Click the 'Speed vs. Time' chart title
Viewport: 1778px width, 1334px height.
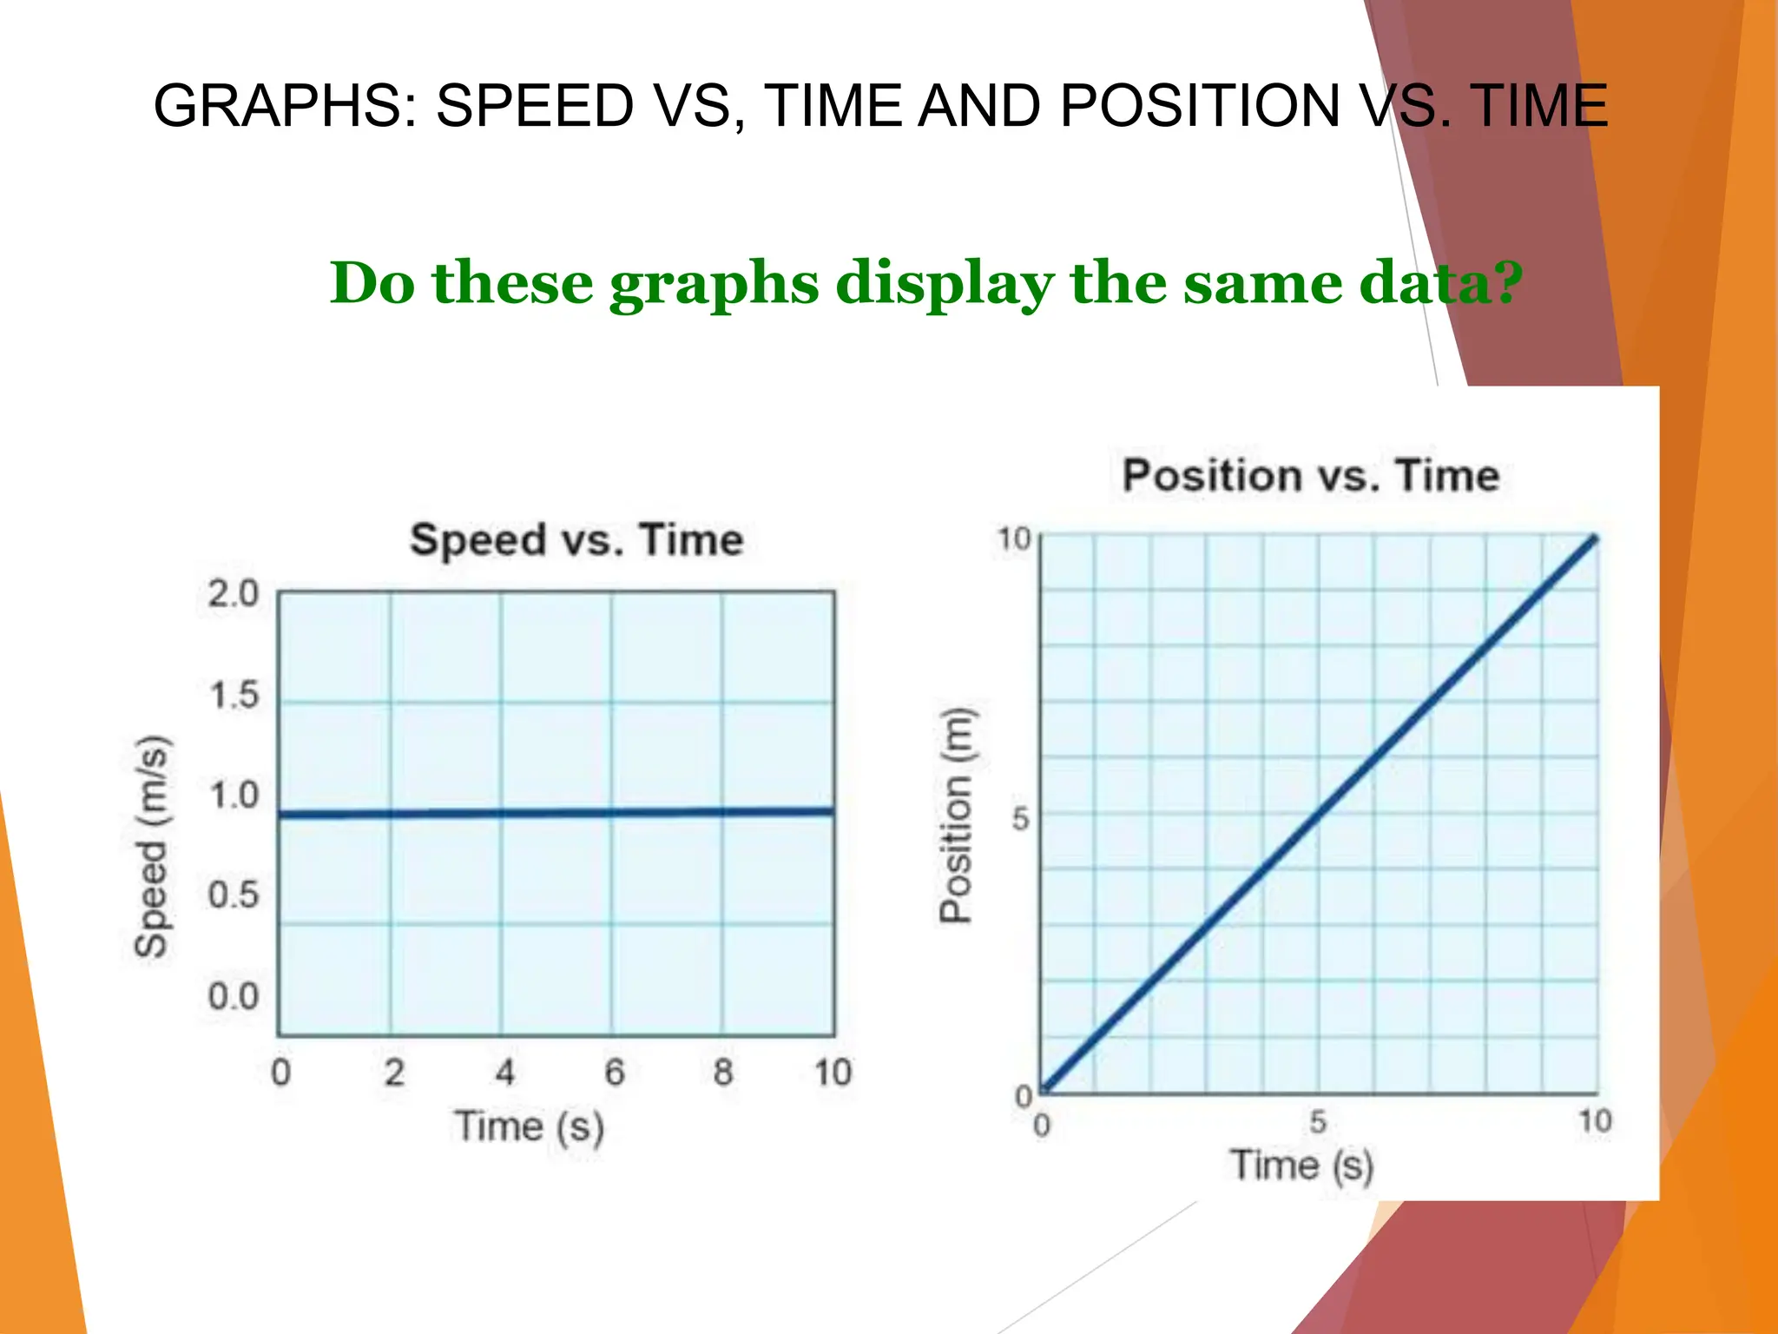coord(576,540)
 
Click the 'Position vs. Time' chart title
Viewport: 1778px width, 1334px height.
coord(1310,476)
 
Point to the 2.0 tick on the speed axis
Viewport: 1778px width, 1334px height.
coord(234,594)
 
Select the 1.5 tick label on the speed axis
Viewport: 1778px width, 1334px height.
coord(234,696)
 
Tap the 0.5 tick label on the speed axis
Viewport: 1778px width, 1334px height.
coord(234,895)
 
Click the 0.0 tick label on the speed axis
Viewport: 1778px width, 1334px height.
coord(234,996)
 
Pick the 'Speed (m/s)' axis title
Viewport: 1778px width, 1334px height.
coord(153,847)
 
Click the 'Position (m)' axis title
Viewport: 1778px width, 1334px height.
coord(957,815)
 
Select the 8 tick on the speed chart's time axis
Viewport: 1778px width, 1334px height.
coord(723,1073)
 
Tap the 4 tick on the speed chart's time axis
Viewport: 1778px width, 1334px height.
coord(504,1073)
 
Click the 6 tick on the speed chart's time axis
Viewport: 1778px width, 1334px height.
coord(614,1073)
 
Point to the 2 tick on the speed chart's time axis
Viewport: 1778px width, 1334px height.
coord(394,1073)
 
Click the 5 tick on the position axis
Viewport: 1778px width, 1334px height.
coord(1021,818)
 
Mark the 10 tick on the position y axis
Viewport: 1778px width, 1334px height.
coord(1013,539)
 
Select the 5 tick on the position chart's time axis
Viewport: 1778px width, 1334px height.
coord(1318,1122)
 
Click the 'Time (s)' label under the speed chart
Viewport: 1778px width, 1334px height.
coord(529,1127)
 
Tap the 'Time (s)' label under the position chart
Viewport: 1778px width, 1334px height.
coord(1301,1166)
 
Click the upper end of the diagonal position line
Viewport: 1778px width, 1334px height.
coord(1594,540)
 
